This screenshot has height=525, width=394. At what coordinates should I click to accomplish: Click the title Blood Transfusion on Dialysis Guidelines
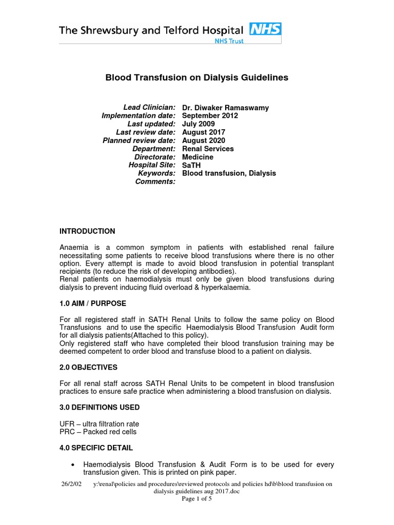tap(197, 78)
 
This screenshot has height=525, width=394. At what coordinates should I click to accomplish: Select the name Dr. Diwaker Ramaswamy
tap(225, 108)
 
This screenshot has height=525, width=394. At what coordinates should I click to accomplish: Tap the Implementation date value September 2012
tap(210, 116)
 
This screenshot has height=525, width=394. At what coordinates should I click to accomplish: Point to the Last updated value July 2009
tap(199, 124)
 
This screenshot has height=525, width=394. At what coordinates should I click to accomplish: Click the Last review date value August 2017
tap(204, 132)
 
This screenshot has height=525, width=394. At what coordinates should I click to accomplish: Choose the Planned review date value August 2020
tap(204, 140)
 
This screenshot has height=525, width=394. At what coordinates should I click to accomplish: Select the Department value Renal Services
tap(208, 149)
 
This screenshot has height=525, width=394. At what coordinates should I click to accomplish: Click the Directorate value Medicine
tap(198, 157)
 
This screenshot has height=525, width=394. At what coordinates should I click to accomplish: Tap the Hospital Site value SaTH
tap(191, 165)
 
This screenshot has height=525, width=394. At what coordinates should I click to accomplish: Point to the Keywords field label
tap(156, 173)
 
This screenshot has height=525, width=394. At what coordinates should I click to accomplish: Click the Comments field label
tap(155, 181)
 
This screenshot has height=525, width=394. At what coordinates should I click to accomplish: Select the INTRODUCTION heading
tap(87, 231)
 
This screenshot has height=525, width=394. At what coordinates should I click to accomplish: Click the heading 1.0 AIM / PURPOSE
tap(93, 304)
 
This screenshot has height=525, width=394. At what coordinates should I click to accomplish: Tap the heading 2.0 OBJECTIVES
tap(88, 368)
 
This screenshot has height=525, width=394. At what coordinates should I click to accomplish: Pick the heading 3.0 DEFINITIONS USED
tap(100, 408)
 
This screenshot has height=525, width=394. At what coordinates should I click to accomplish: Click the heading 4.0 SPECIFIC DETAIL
tap(96, 448)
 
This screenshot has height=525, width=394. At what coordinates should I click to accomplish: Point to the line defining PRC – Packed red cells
tap(97, 432)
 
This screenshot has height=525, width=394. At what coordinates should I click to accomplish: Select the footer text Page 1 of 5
tap(197, 499)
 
